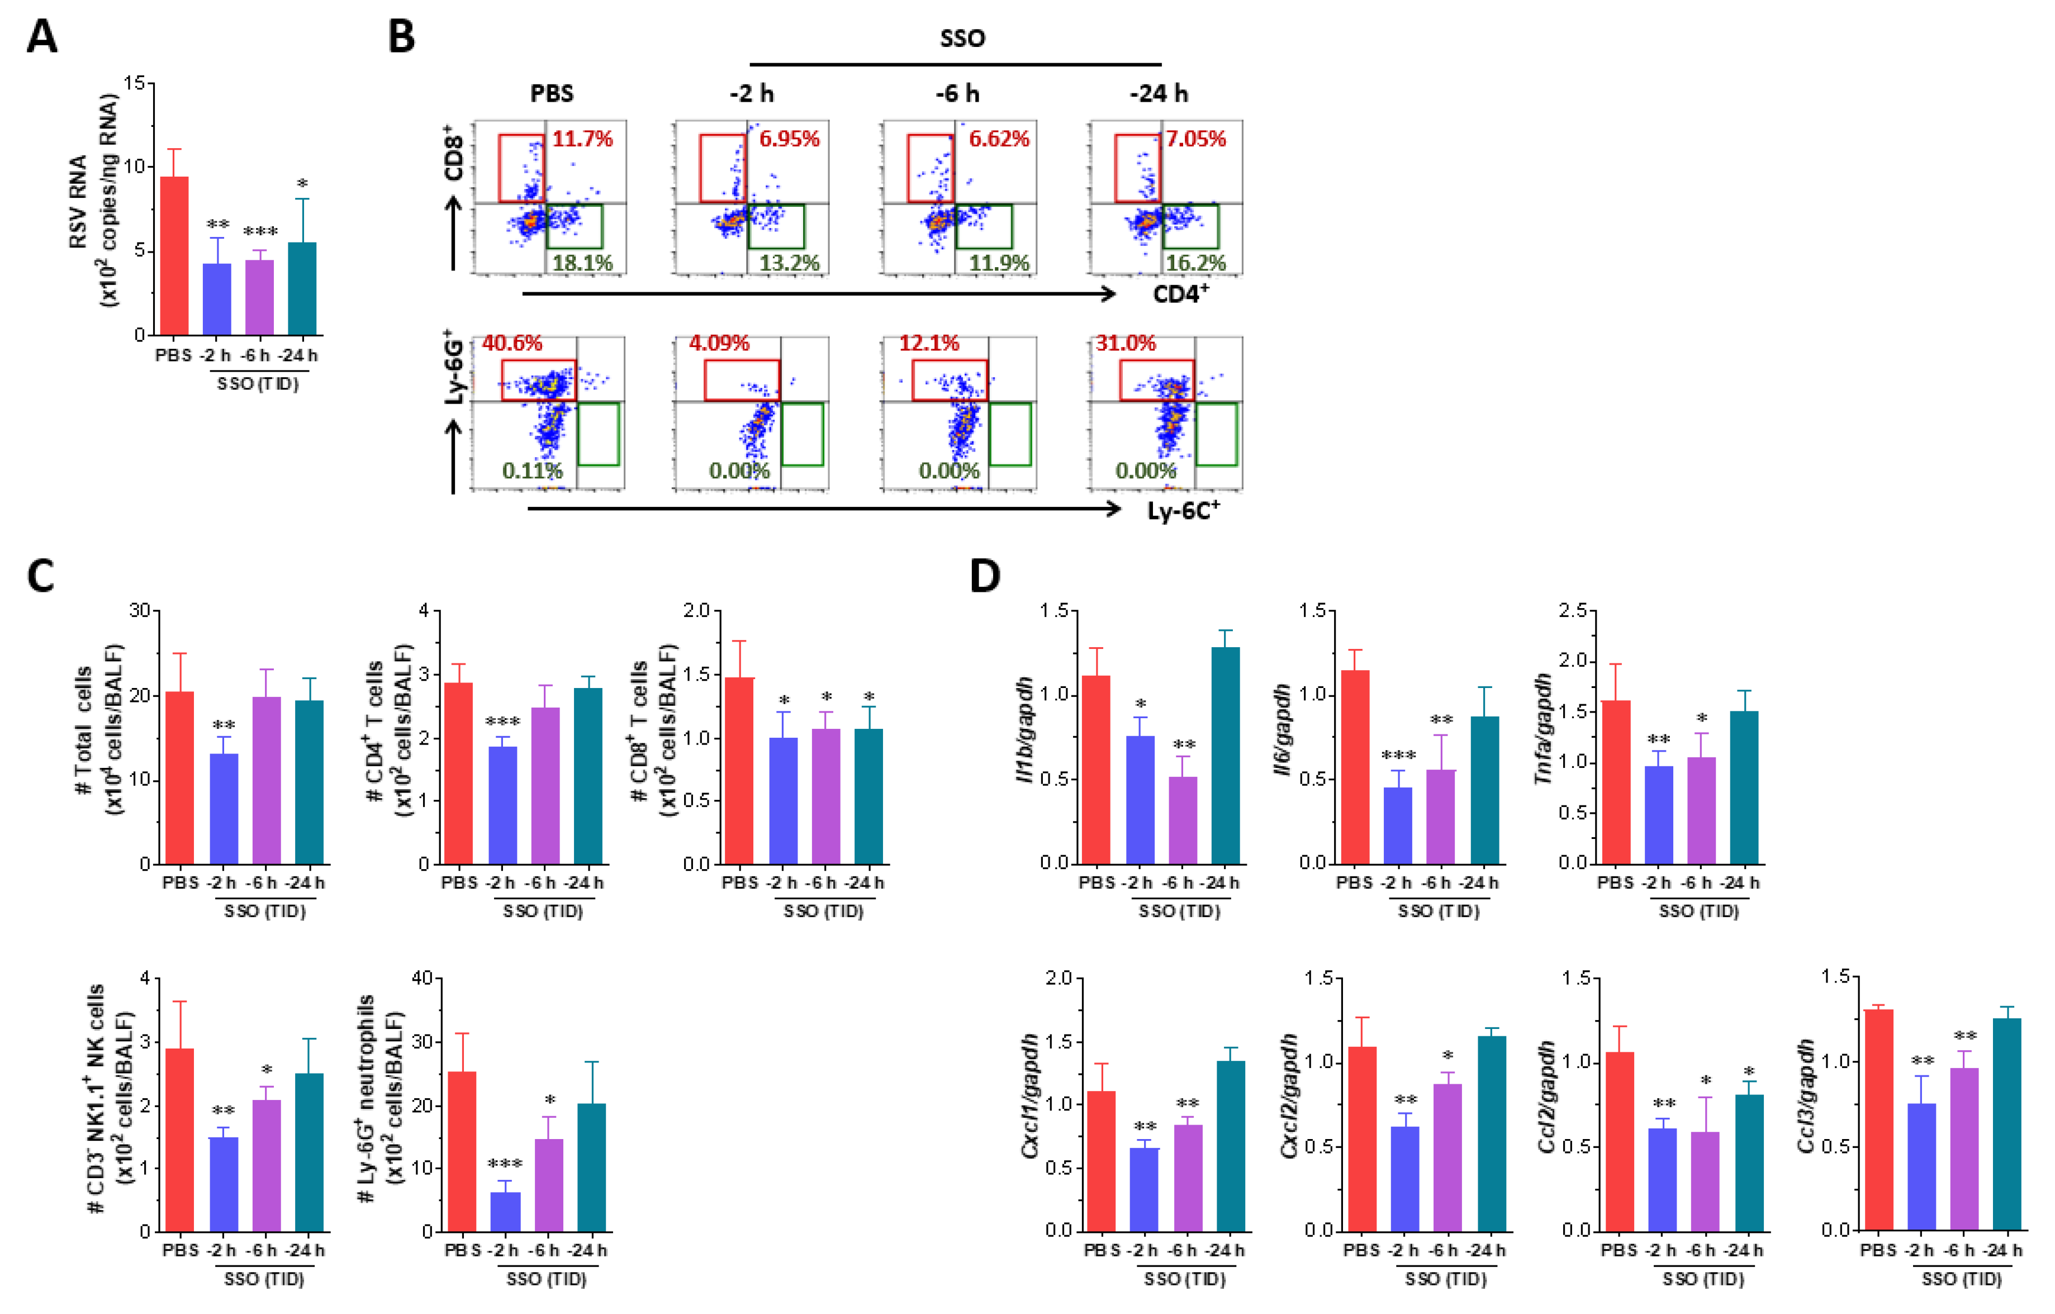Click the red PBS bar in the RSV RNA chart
[174, 256]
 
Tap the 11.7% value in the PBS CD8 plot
[582, 138]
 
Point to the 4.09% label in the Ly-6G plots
[719, 343]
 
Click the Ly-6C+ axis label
[1183, 510]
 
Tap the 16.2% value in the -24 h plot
[1195, 263]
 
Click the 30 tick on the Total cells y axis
[139, 611]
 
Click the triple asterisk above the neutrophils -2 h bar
[505, 1164]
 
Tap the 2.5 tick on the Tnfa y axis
[1572, 611]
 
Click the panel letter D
[985, 577]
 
